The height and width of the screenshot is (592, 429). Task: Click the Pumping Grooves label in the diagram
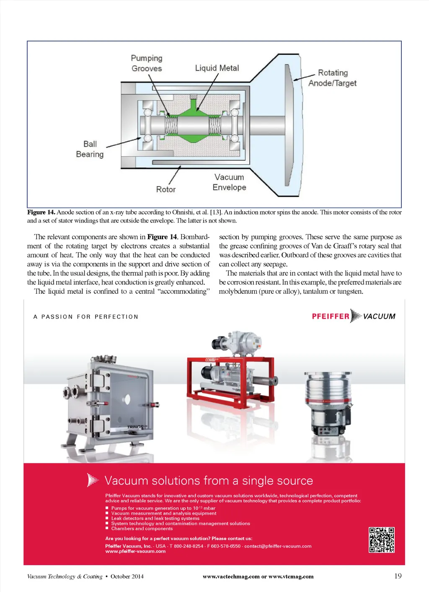[147, 63]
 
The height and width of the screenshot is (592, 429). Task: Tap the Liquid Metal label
[217, 68]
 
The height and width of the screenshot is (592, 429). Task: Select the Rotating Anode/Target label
[333, 78]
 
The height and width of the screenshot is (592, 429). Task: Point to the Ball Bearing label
[90, 149]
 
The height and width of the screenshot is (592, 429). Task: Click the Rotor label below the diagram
[166, 189]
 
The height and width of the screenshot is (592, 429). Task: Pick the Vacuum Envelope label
[229, 182]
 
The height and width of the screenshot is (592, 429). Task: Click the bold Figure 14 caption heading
[41, 212]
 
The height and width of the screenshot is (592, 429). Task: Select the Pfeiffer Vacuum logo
[354, 316]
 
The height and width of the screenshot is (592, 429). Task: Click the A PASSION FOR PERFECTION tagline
[86, 317]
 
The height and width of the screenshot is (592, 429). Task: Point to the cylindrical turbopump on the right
[328, 402]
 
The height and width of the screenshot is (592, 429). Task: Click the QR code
[382, 540]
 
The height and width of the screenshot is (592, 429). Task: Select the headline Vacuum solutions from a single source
[209, 481]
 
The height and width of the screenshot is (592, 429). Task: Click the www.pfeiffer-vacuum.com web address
[135, 551]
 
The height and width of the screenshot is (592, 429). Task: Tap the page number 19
[398, 576]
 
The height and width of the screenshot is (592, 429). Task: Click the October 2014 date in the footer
[127, 576]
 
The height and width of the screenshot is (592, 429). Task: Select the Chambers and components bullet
[142, 529]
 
